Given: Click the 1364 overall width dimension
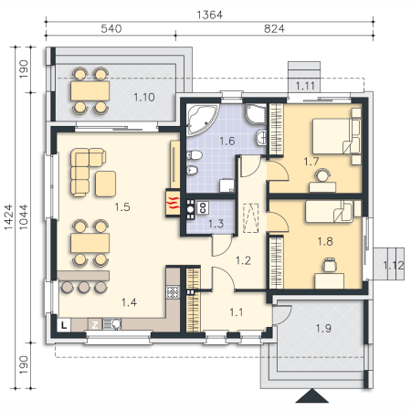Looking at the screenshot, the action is coord(210,15).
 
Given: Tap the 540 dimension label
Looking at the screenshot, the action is coord(111,28).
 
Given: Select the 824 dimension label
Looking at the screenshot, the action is coord(274,28).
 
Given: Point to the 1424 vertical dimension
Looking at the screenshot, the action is coord(8,217).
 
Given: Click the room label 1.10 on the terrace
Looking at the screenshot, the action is coord(144,97).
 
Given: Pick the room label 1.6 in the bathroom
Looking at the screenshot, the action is coord(227,141).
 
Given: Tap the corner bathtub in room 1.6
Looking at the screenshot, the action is coord(203,120).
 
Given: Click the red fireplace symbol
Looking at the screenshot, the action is coord(173,203).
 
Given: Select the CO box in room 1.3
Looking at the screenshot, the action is coord(203,207).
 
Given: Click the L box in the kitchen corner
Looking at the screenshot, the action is coord(64,325).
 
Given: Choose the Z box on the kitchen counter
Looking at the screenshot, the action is coord(95,325).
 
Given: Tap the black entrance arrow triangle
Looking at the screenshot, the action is coord(312,395).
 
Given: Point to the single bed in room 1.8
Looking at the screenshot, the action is coord(330,211).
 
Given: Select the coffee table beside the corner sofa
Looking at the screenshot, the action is coord(105,184).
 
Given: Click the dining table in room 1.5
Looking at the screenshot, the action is coord(90,243).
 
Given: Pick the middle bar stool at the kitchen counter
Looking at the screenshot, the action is coord(84,287).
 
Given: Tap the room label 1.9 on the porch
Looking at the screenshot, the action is coord(323,328).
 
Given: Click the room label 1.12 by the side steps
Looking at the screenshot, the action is coord(394,266).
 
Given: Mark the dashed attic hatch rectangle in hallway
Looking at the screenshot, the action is coord(251,218).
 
